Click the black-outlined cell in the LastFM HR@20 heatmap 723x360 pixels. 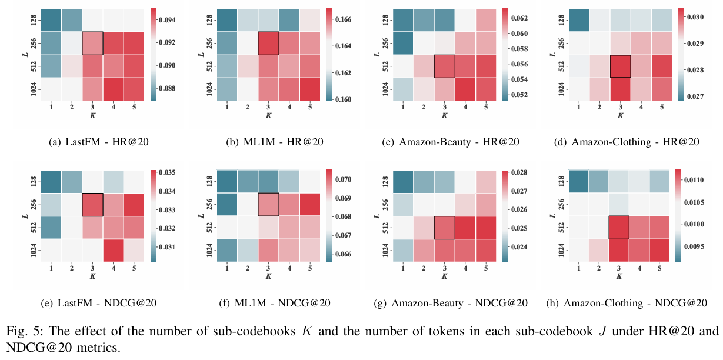[92, 43]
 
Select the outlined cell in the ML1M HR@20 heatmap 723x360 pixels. [268, 43]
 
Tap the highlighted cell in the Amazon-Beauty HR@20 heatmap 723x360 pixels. [444, 66]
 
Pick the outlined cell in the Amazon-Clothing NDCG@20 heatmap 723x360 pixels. [619, 228]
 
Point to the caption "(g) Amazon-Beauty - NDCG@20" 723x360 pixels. [451, 303]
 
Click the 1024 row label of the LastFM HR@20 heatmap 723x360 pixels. [33, 89]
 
